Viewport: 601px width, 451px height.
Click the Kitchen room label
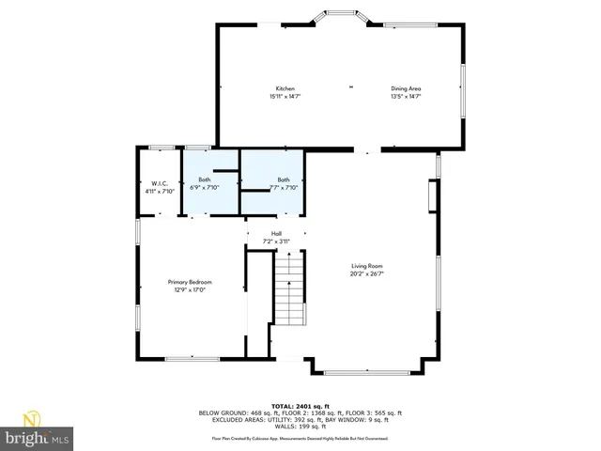[x=285, y=88]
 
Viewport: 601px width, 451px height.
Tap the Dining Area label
[x=406, y=88]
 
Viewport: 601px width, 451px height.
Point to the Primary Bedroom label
[x=190, y=283]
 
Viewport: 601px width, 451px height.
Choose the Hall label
[x=276, y=234]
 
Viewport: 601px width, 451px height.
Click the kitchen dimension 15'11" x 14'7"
[x=285, y=96]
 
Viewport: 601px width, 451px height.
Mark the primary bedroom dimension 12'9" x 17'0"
[x=190, y=290]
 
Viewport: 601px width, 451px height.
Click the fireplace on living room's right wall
[x=431, y=198]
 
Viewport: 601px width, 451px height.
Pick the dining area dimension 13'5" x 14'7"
[x=406, y=96]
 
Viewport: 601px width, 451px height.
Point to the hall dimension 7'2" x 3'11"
[x=276, y=241]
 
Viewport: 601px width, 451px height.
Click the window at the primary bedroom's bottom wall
[x=192, y=358]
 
